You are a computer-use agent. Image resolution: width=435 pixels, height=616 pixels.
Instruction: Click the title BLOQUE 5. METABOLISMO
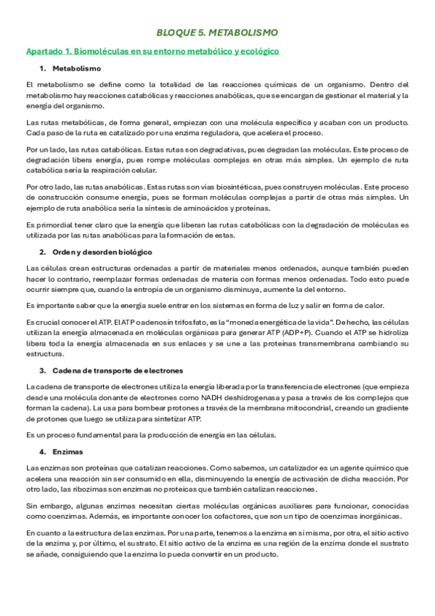click(217, 33)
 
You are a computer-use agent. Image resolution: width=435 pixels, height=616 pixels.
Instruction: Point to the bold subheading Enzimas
click(68, 451)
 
